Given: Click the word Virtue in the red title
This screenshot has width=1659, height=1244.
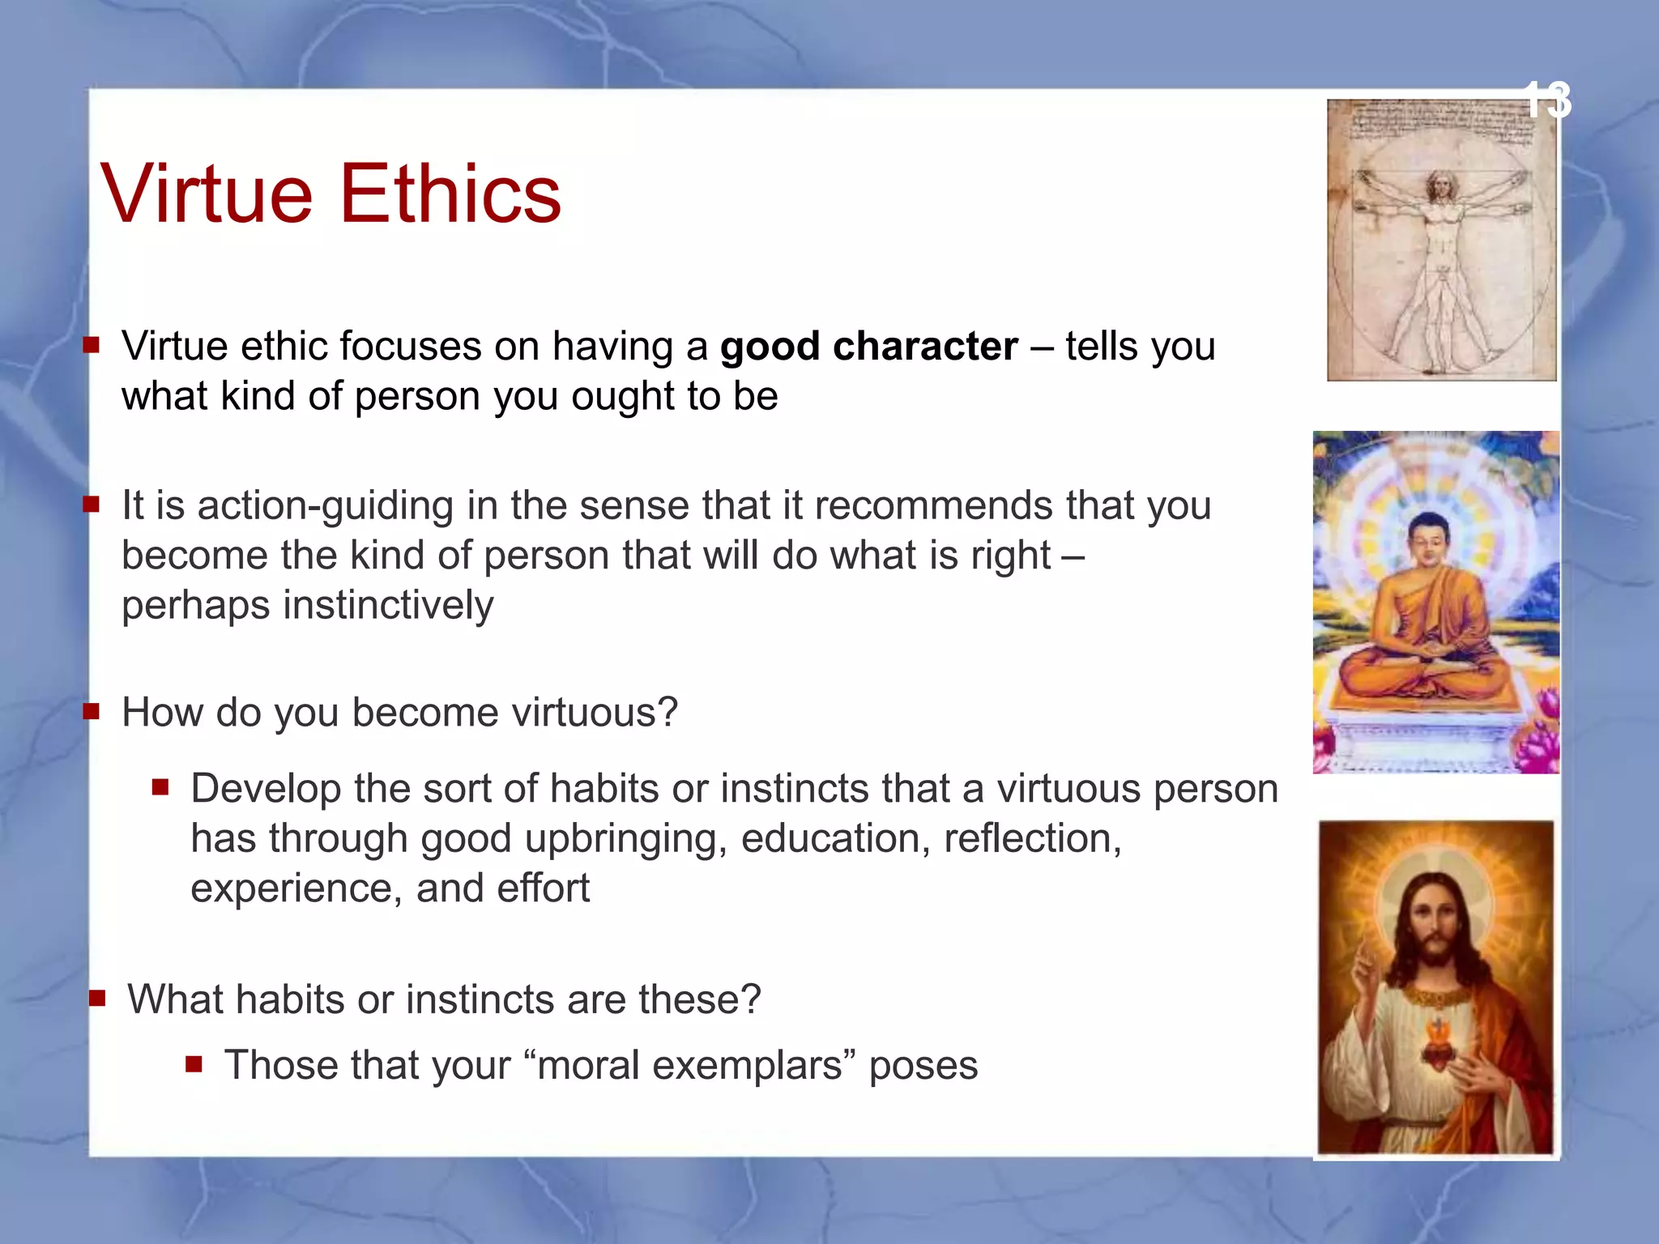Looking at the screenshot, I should pyautogui.click(x=207, y=194).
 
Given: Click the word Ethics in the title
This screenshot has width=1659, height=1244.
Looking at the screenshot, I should pyautogui.click(x=450, y=194).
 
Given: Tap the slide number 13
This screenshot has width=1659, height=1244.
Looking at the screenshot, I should pyautogui.click(x=1547, y=100).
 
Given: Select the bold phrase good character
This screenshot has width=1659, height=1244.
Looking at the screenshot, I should pyautogui.click(x=868, y=347).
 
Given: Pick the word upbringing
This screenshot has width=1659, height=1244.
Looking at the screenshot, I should pyautogui.click(x=625, y=838).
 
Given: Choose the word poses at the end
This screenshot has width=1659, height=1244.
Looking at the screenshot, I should pyautogui.click(x=923, y=1066).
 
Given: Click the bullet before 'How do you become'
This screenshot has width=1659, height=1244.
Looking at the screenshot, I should pyautogui.click(x=92, y=712).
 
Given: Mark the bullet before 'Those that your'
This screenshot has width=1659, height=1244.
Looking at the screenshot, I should pyautogui.click(x=194, y=1063).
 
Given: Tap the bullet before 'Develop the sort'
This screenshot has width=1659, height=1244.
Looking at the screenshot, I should pyautogui.click(x=160, y=786).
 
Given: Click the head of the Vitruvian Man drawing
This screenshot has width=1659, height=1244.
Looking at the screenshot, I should pyautogui.click(x=1440, y=185).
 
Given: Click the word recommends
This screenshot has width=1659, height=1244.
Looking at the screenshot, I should pyautogui.click(x=934, y=505).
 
